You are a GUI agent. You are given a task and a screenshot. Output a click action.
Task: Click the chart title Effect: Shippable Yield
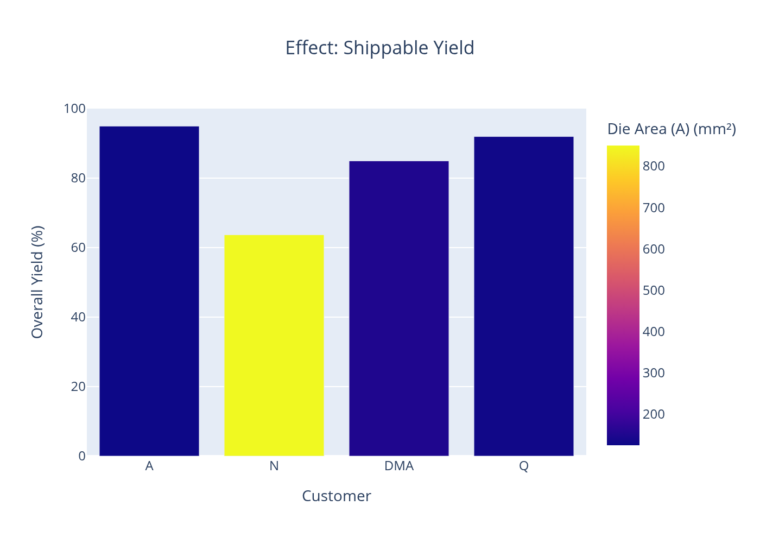[x=379, y=48]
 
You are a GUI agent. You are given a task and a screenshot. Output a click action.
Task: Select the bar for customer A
[x=149, y=291]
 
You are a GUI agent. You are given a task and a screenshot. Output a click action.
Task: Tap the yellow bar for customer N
[x=274, y=345]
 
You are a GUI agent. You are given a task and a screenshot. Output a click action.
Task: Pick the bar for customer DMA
[x=399, y=308]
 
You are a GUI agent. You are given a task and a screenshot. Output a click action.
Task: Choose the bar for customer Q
[x=524, y=296]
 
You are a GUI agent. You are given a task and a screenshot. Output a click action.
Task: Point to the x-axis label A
[x=149, y=466]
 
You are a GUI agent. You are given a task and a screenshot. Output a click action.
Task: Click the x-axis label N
[x=274, y=466]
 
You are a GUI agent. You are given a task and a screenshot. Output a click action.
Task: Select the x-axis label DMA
[x=399, y=466]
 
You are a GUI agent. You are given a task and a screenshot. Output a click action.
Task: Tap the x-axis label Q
[x=524, y=466]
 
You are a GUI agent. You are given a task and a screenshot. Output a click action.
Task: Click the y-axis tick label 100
[x=74, y=109]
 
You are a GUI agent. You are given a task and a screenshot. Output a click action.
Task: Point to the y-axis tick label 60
[x=78, y=248]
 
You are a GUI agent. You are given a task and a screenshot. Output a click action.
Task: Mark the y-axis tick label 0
[x=82, y=456]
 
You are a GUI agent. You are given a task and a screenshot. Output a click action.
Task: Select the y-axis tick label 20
[x=78, y=387]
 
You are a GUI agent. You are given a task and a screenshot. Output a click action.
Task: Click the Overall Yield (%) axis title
[x=37, y=282]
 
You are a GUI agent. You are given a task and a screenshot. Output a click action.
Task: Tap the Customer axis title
[x=336, y=496]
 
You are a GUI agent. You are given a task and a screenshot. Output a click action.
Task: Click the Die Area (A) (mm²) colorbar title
[x=672, y=129]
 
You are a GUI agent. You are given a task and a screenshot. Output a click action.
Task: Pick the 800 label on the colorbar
[x=654, y=166]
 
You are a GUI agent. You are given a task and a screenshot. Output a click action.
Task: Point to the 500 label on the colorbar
[x=654, y=291]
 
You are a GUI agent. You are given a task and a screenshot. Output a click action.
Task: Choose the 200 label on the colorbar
[x=654, y=414]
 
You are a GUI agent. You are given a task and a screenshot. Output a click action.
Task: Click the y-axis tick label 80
[x=78, y=178]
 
